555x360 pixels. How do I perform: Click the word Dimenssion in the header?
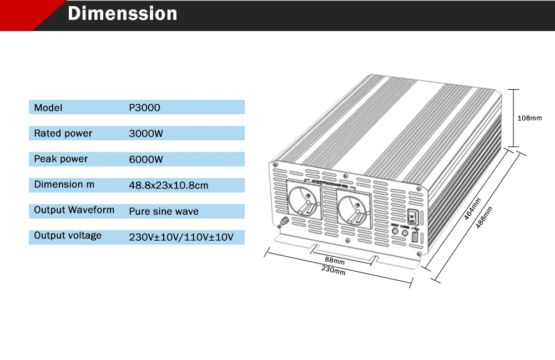point(122,14)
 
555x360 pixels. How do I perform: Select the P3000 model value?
point(144,108)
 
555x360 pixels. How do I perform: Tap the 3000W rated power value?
point(146,134)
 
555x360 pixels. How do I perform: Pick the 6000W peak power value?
point(146,160)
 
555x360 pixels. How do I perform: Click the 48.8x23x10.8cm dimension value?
point(169,185)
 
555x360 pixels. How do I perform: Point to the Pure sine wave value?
point(164,211)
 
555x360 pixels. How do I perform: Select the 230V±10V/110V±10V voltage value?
point(181,237)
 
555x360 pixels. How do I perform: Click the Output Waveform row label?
point(74,210)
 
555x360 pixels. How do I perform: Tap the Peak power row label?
point(61,159)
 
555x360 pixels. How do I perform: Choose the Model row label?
point(48,108)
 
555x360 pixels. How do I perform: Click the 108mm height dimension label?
point(529,118)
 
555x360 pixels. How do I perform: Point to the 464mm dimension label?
point(472,209)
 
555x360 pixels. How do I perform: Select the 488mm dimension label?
point(484,220)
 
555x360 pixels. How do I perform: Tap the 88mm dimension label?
point(335,261)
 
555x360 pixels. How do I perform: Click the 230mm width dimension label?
point(333,271)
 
